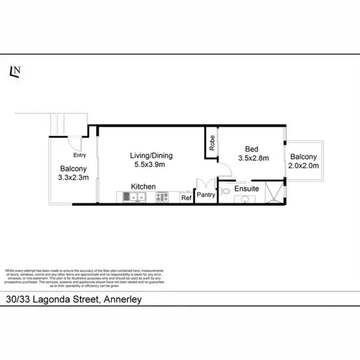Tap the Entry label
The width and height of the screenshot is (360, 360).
(x=80, y=156)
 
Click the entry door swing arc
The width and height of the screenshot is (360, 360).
(x=75, y=143)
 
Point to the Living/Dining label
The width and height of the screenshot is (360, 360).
(x=151, y=156)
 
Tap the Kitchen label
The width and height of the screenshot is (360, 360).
(x=144, y=186)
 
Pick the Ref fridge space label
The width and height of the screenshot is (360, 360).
(x=185, y=197)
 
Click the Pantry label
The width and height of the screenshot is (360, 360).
(x=206, y=195)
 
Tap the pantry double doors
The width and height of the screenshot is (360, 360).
(x=204, y=184)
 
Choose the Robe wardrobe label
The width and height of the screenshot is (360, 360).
(x=211, y=141)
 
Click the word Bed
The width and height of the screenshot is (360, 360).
(x=252, y=149)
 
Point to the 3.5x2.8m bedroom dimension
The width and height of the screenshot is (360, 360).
(x=253, y=158)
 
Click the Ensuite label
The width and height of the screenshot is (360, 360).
(x=247, y=189)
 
